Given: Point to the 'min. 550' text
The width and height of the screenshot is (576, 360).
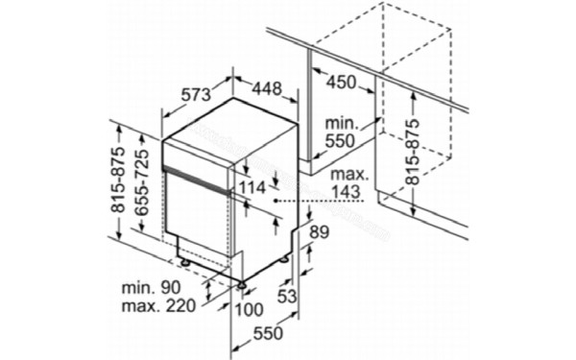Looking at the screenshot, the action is [343, 131].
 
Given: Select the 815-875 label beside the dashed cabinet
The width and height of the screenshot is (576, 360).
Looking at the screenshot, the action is [412, 152].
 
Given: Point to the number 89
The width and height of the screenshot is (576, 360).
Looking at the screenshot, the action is [321, 231].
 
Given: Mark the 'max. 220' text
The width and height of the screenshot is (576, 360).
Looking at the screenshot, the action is [158, 307].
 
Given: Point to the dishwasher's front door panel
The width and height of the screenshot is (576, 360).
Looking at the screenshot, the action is [197, 216].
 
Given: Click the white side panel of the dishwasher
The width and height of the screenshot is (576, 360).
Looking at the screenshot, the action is [259, 211].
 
